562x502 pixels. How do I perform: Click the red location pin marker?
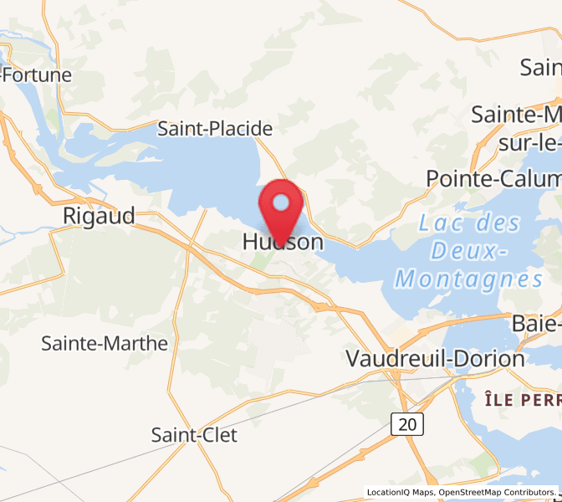tap(282, 209)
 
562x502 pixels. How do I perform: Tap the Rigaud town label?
tap(99, 216)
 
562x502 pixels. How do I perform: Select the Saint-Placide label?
tap(215, 129)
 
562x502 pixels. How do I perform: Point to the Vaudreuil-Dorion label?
tap(436, 359)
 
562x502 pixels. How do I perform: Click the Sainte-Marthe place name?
tap(105, 343)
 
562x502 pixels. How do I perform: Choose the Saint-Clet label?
tap(194, 435)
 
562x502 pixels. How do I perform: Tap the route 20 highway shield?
tap(407, 424)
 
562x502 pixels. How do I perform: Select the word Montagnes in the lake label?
tap(469, 279)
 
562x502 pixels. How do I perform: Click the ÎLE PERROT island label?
tap(522, 400)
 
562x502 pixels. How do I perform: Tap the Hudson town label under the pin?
tap(282, 243)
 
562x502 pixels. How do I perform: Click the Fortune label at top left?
tap(37, 74)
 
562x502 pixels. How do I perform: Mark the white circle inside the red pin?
tap(282, 202)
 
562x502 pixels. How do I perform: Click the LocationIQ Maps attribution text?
tap(401, 493)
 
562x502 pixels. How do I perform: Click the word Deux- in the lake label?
tap(474, 251)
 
